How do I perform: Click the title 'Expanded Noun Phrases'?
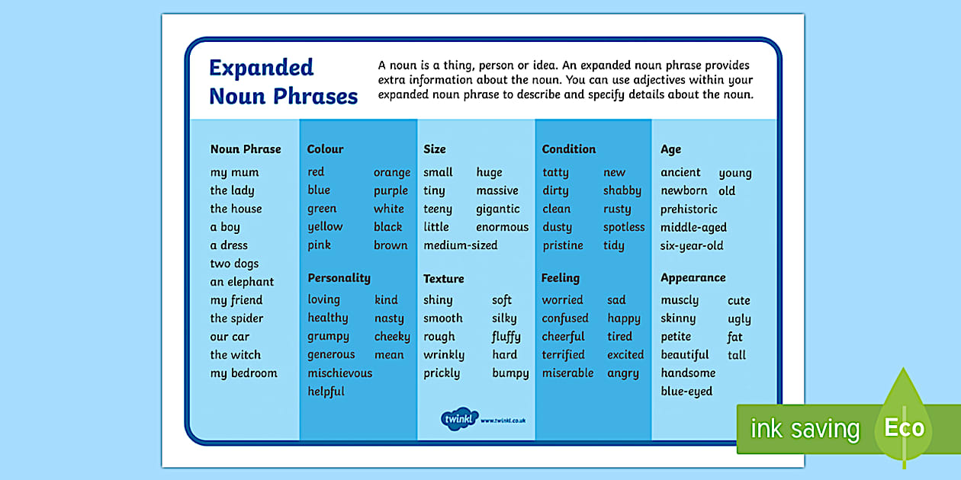[x=283, y=82]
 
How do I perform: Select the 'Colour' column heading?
[x=325, y=149]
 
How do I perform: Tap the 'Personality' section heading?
[x=339, y=278]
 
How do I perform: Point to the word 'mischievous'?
[x=339, y=373]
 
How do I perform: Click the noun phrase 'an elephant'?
[x=242, y=282]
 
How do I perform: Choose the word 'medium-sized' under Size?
[x=460, y=245]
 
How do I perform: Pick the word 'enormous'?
[x=502, y=227]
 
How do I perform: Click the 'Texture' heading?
[x=443, y=279]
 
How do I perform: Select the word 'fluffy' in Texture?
[x=506, y=337]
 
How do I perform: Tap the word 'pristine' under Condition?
[x=562, y=245]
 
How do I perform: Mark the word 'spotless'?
[x=623, y=227]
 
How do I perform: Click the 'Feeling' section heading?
[x=560, y=278]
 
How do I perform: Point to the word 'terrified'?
[x=563, y=355]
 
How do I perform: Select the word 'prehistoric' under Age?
[x=689, y=210]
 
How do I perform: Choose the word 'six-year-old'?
[x=692, y=245]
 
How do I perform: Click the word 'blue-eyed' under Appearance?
[x=686, y=392]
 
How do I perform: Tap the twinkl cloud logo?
[x=459, y=418]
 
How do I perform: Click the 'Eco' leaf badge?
[x=904, y=427]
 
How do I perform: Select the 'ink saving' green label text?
[x=804, y=429]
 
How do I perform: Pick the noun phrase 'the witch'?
[x=235, y=355]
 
